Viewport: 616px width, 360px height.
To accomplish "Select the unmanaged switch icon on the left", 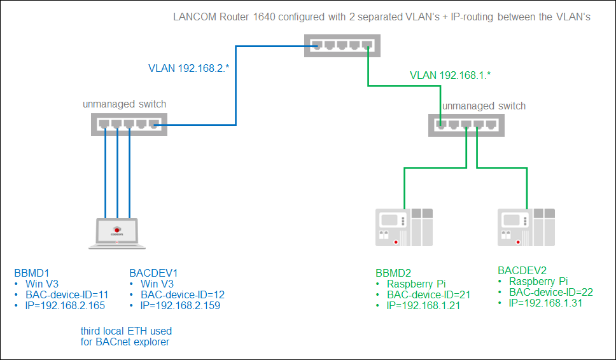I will (128, 125).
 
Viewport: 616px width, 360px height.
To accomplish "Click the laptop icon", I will (117, 233).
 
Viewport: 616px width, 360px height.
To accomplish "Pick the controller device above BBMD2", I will (403, 227).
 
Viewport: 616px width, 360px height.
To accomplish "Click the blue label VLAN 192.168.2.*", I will (188, 68).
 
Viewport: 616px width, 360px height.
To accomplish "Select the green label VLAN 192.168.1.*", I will (451, 75).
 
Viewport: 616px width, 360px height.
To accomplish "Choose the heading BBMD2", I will (394, 272).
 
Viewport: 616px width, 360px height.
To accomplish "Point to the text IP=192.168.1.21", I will (423, 305).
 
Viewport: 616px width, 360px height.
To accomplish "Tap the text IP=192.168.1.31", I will (546, 303).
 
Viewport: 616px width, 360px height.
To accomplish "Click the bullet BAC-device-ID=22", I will (551, 292).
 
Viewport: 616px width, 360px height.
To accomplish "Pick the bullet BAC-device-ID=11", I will (67, 295).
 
